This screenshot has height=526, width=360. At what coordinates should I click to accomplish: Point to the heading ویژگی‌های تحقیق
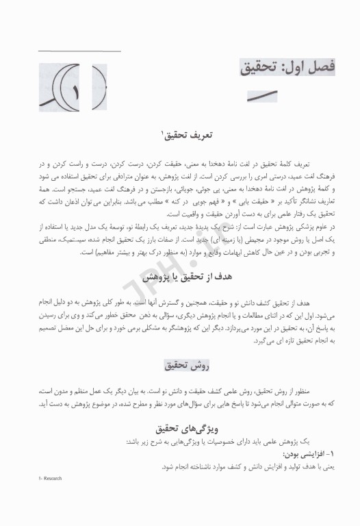pyautogui.click(x=181, y=428)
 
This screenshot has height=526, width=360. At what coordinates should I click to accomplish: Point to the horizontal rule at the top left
pyautogui.click(x=79, y=51)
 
